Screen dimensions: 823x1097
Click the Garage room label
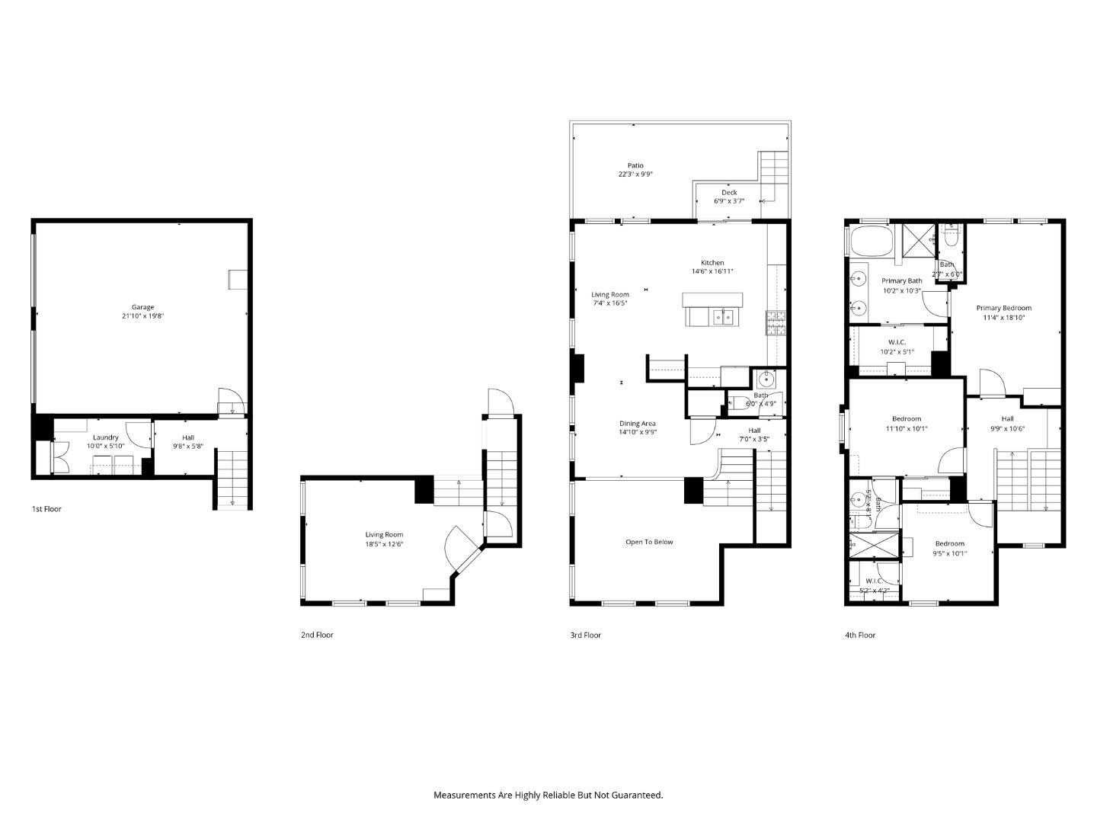coord(142,307)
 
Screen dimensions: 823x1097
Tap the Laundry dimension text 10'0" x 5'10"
coord(105,447)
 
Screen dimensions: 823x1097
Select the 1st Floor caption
coord(46,509)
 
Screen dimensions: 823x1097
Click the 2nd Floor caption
coord(317,635)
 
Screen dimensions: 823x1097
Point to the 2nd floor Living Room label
coord(384,535)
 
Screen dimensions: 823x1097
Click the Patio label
coord(635,165)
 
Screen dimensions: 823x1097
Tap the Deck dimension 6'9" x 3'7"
coord(729,201)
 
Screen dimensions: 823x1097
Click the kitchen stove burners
coord(776,323)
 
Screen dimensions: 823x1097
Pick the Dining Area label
coord(638,424)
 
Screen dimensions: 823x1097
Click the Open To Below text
coord(649,542)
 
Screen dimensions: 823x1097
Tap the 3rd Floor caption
coord(585,635)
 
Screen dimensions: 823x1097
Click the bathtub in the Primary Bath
coord(869,242)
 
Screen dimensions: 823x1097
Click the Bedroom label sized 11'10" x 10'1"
coord(907,418)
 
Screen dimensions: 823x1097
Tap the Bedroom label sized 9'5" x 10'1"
coord(949,543)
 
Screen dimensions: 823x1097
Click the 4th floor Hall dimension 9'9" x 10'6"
coord(1007,428)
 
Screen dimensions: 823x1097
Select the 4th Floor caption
coord(860,635)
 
